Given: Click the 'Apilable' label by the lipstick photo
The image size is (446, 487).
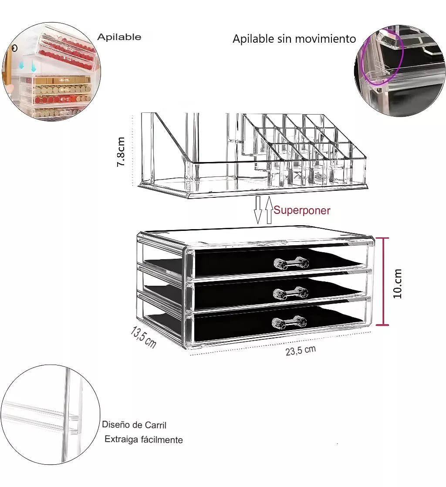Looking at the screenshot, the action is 119,37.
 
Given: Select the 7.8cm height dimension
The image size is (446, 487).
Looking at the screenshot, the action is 121,152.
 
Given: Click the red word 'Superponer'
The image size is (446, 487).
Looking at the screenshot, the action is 301,210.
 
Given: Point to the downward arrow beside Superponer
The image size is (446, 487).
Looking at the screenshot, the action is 258,210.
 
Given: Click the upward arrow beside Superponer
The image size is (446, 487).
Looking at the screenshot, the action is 269,210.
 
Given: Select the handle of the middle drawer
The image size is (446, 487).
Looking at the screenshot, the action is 291,293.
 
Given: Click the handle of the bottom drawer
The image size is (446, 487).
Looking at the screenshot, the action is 290,322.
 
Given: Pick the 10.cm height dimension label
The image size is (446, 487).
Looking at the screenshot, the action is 398,284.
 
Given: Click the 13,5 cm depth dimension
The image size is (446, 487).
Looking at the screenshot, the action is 143,337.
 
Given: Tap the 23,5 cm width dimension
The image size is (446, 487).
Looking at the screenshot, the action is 301,350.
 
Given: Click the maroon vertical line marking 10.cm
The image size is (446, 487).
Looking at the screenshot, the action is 383,281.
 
